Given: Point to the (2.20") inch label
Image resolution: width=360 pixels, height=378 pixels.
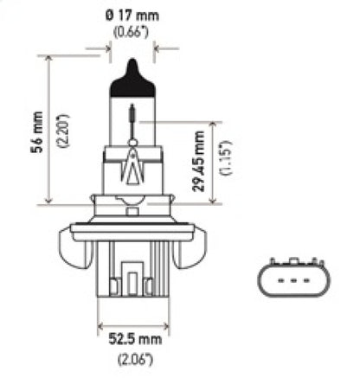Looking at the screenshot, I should coord(33,129).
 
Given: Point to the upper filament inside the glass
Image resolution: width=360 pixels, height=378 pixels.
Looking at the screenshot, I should coord(132,112).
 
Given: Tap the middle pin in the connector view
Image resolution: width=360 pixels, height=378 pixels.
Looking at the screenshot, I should coord(291,281).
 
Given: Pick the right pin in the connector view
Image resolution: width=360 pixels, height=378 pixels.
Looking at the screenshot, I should coord(305,281).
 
